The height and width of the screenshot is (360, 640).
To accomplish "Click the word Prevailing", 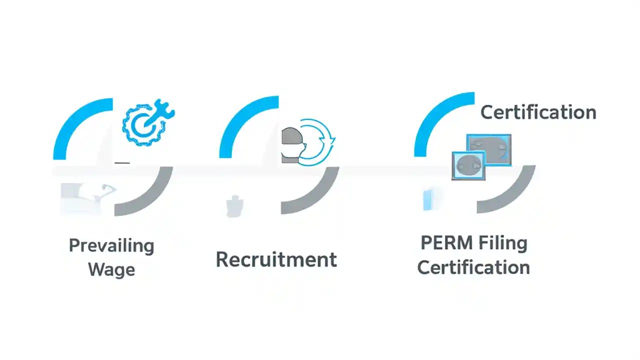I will click(x=111, y=245).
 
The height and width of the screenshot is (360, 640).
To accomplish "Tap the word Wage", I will click(x=111, y=269).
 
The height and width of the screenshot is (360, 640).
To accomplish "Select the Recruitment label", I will click(x=276, y=259).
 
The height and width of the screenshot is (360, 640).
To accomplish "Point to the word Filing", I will click(x=502, y=243).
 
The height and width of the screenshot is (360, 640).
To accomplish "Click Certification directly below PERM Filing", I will click(x=473, y=267).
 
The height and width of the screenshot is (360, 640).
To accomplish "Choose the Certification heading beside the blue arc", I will click(x=538, y=112).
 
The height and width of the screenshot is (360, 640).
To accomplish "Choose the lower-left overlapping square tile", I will click(x=468, y=165).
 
